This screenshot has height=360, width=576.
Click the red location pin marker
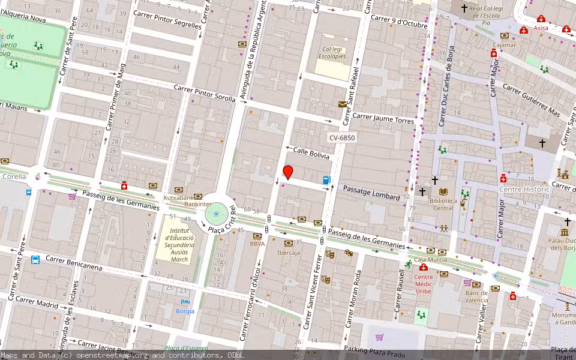click(288, 172)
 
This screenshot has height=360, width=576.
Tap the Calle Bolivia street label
click(311, 154)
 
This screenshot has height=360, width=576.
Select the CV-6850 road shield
click(342, 138)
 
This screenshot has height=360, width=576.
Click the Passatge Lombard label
click(371, 193)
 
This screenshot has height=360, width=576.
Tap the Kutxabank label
click(178, 197)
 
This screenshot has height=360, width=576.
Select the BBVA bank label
click(258, 244)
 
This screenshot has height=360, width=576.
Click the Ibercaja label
click(289, 253)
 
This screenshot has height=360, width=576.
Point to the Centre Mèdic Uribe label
click(424, 284)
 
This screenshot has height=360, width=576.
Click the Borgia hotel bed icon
click(185, 302)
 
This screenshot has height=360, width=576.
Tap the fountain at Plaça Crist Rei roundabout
click(216, 214)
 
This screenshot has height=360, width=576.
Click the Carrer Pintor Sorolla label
click(204, 93)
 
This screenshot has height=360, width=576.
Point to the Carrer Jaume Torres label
click(383, 118)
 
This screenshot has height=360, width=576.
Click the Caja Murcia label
click(433, 259)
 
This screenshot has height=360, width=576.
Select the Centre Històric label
click(524, 190)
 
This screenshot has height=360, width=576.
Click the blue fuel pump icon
click(326, 179)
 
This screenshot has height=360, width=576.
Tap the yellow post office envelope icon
click(342, 104)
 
